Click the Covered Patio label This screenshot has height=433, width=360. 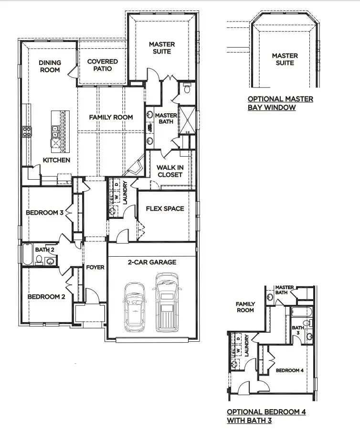click(102, 65)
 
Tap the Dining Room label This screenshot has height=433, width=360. click(50, 66)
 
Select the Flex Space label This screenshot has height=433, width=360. click(165, 208)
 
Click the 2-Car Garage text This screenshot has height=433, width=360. click(152, 262)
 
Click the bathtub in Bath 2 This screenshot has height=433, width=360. click(27, 254)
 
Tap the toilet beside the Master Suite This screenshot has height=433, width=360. click(187, 88)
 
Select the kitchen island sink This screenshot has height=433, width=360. click(56, 129)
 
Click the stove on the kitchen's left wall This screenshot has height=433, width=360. click(26, 131)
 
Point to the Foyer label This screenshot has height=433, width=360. click(95, 267)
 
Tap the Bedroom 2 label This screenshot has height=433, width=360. click(46, 296)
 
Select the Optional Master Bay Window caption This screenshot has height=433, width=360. click(280, 103)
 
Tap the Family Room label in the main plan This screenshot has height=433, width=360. click(111, 117)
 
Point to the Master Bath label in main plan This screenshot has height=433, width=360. click(166, 119)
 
